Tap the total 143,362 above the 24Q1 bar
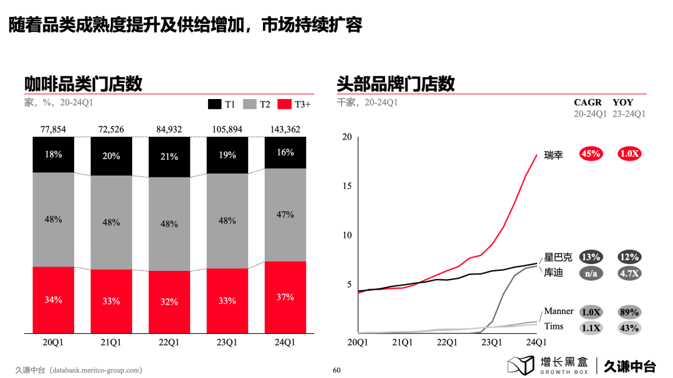[x=285, y=130]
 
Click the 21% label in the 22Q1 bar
[x=169, y=157]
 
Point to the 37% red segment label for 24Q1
[x=285, y=297]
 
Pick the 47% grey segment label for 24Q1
[x=285, y=214]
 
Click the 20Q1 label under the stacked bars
[x=53, y=342]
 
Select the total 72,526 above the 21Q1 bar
[x=111, y=130]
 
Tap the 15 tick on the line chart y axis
[x=346, y=186]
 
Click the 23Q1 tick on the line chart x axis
[x=491, y=342]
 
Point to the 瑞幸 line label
[x=553, y=154]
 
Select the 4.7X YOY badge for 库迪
[x=629, y=273]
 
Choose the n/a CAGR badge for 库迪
[x=590, y=273]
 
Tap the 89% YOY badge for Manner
[x=629, y=312]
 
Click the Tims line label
[x=553, y=326]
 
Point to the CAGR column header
[x=588, y=102]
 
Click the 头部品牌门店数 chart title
[x=396, y=83]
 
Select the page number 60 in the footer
[x=336, y=370]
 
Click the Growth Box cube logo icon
[x=521, y=366]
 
